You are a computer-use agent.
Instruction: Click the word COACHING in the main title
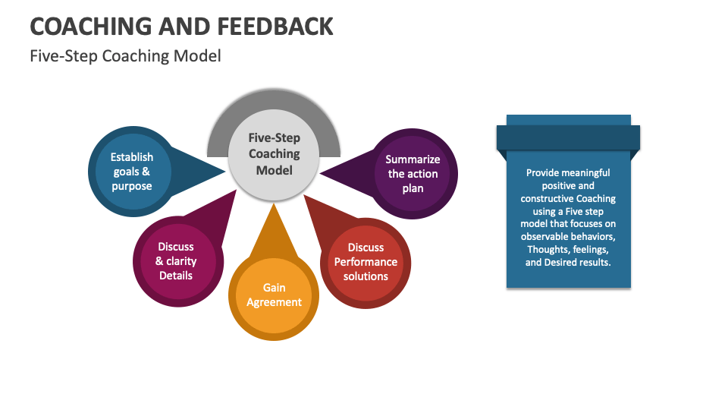click(92, 27)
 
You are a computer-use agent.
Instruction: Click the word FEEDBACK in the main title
click(275, 27)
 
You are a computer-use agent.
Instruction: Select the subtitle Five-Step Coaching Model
click(125, 56)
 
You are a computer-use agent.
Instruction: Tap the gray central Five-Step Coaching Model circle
click(274, 154)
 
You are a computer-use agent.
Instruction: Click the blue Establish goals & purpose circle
click(132, 172)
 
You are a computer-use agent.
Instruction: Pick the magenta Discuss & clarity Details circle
click(176, 261)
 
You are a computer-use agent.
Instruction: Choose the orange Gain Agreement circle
click(274, 295)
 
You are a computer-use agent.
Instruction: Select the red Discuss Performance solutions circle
click(366, 262)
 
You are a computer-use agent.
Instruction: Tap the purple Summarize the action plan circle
click(413, 173)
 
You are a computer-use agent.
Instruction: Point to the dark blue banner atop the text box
click(568, 137)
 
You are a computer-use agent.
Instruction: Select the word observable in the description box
click(545, 237)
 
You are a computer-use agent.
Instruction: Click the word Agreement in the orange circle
click(274, 302)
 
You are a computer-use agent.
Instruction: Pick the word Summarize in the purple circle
click(413, 159)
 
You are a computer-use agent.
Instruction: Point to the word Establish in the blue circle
click(132, 157)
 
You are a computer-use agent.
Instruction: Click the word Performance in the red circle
click(366, 262)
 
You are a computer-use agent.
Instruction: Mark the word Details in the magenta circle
click(176, 275)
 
